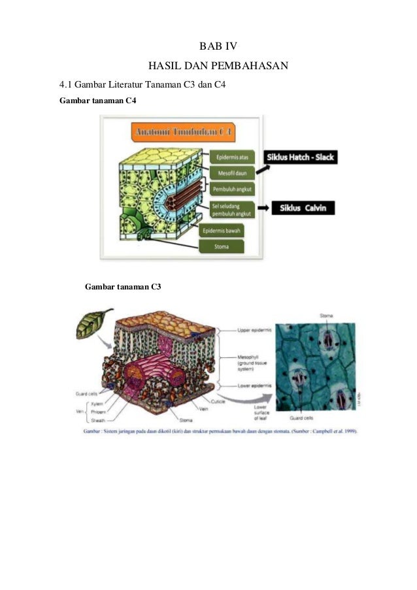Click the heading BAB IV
[218, 46]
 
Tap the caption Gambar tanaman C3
[123, 286]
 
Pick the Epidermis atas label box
[229, 158]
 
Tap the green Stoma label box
[222, 247]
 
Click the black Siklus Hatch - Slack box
[299, 157]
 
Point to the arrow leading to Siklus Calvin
[265, 209]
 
